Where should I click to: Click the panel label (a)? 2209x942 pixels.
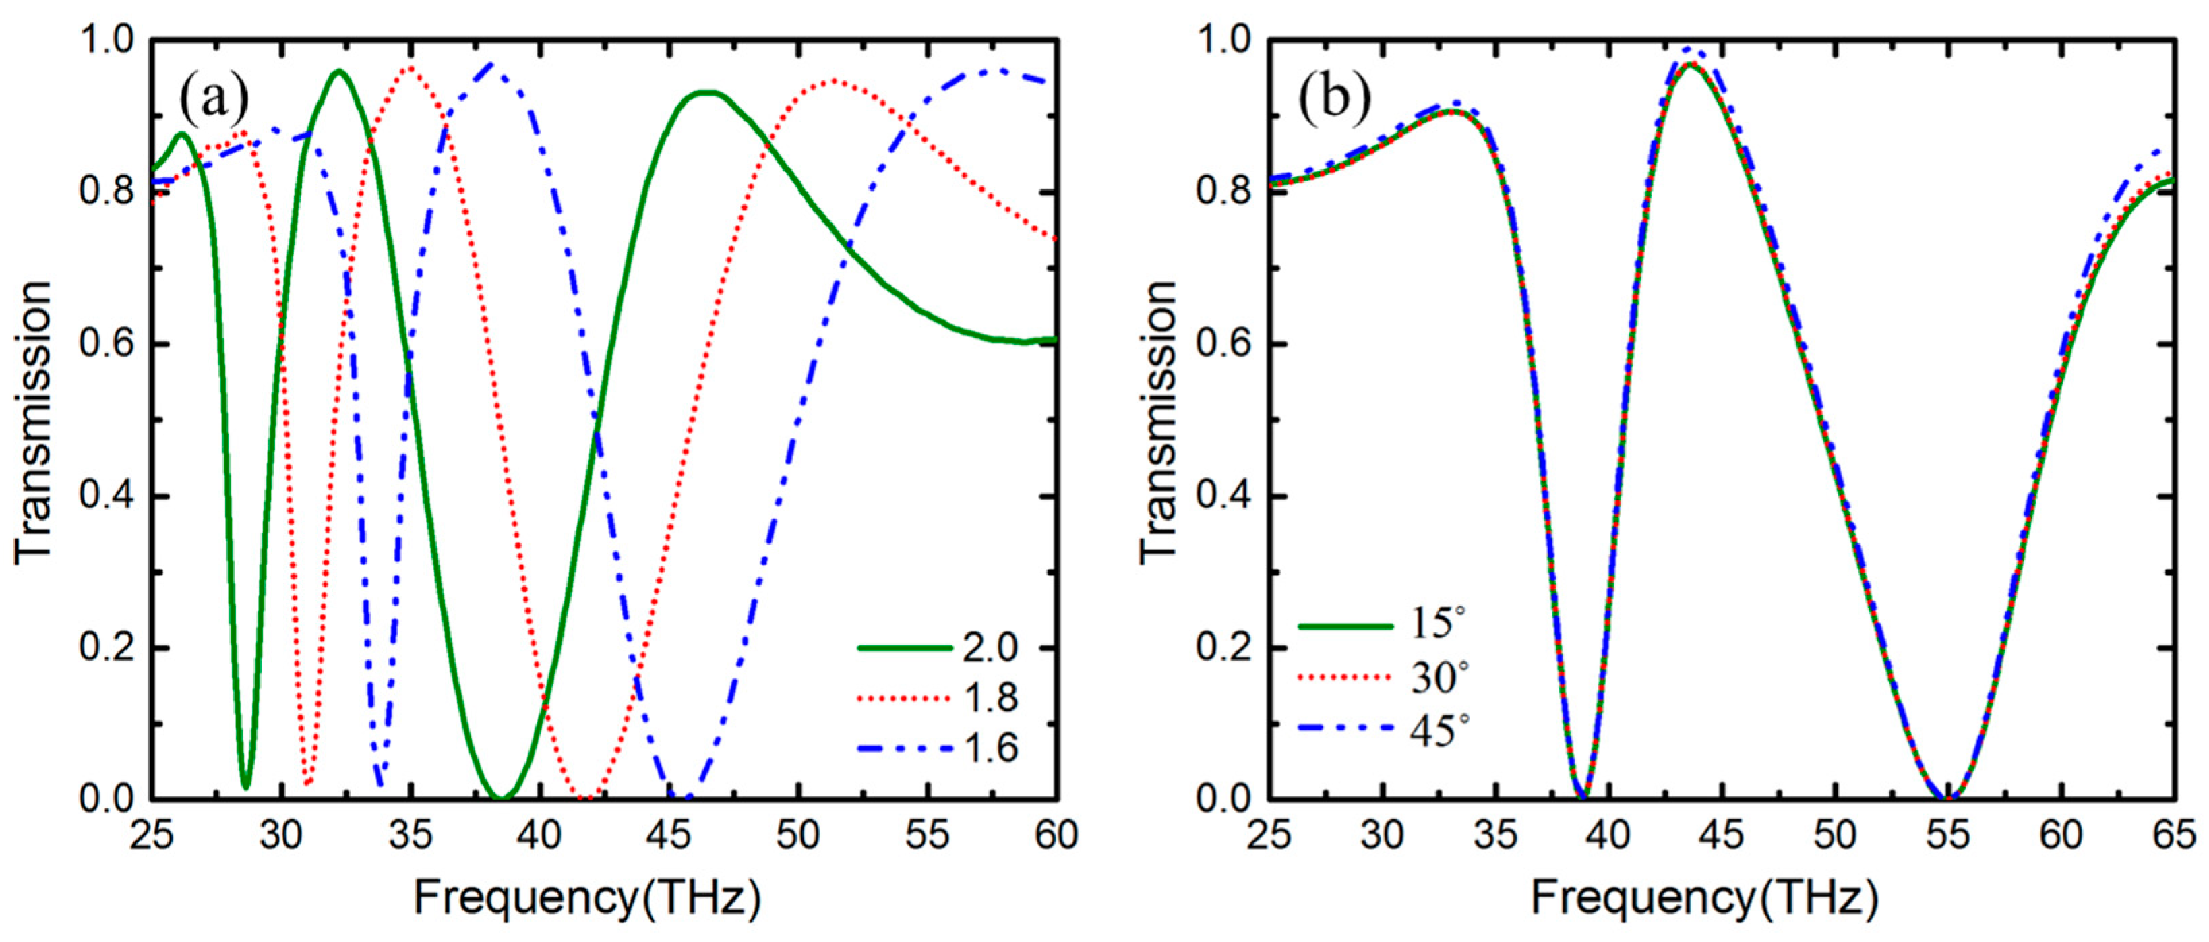click(x=214, y=98)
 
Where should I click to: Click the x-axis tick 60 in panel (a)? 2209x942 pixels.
click(x=1056, y=834)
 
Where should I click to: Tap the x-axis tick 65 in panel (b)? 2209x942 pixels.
click(x=2174, y=834)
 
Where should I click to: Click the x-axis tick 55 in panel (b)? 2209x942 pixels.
click(x=1947, y=834)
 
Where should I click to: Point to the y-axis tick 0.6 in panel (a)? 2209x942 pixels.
click(x=108, y=344)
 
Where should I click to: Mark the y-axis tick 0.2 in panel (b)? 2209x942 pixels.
click(x=1225, y=648)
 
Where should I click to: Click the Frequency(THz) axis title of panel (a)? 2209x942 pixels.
click(x=587, y=899)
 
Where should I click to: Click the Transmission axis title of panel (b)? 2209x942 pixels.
click(x=1157, y=420)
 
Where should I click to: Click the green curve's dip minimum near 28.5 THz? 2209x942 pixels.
click(x=246, y=786)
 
